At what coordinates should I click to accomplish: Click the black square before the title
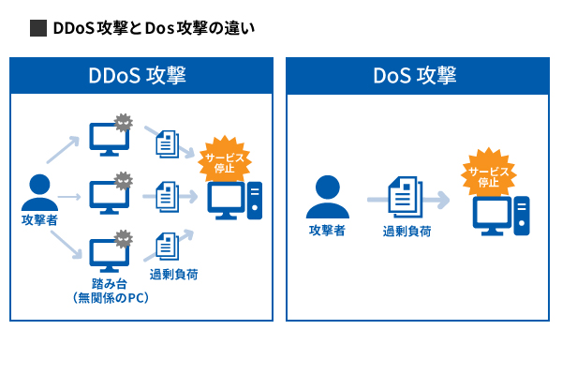pyautogui.click(x=38, y=28)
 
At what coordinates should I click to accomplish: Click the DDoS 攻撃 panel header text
pyautogui.click(x=141, y=75)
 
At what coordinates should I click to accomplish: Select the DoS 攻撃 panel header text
pyautogui.click(x=414, y=75)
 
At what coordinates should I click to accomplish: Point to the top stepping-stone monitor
pyautogui.click(x=107, y=139)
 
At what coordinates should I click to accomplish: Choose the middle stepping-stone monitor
pyautogui.click(x=107, y=197)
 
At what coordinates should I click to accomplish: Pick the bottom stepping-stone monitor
pyautogui.click(x=107, y=253)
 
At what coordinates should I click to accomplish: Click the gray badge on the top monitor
pyautogui.click(x=124, y=123)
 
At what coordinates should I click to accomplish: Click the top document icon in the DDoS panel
pyautogui.click(x=167, y=142)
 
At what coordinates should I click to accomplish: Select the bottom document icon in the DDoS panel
pyautogui.click(x=167, y=246)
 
